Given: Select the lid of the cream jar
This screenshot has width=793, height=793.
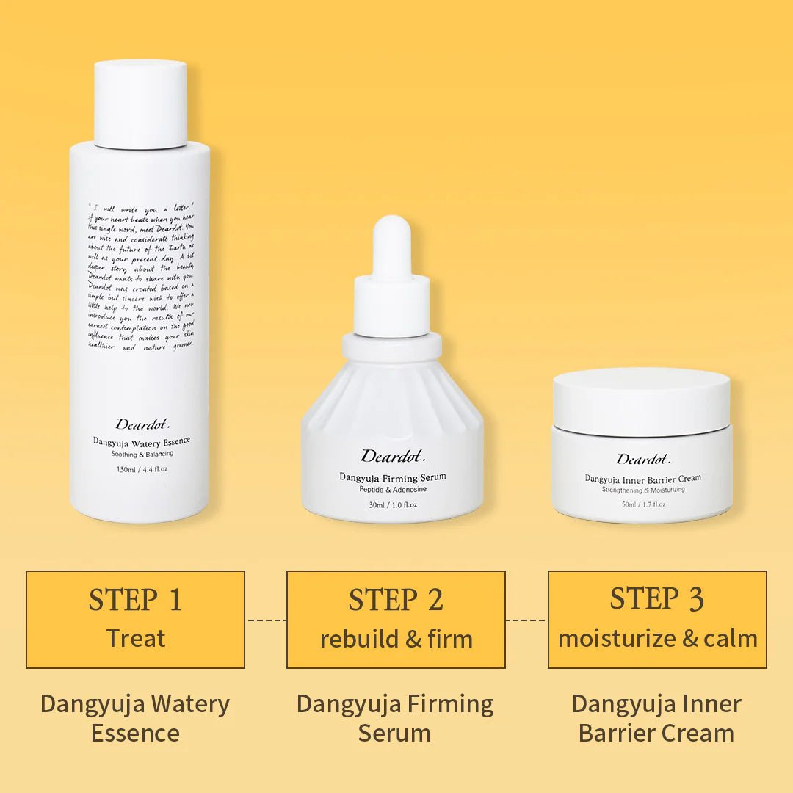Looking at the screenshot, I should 641,399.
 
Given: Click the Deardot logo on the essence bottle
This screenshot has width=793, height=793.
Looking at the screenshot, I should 142,424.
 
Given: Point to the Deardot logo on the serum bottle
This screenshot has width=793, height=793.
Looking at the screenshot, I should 392,457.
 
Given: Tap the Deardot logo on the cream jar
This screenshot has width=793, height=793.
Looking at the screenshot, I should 643,460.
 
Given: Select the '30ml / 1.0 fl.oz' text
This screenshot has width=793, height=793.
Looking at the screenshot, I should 392,504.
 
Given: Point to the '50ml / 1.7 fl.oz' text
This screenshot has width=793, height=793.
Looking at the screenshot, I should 643,504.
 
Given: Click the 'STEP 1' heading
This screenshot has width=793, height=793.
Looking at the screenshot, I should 135,600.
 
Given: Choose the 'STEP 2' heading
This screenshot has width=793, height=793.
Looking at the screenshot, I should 396,600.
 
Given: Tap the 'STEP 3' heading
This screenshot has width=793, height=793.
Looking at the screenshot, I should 657,599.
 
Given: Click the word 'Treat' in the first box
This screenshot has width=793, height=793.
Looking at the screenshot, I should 135,638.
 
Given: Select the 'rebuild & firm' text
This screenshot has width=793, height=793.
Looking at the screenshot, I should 396,639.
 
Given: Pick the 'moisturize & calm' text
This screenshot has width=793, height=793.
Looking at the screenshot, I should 657,639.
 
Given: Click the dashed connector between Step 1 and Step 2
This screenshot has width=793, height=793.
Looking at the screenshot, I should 266,620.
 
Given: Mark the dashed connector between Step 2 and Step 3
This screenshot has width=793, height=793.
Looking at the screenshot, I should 526,620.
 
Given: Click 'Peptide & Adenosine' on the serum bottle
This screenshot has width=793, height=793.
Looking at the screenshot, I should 392,489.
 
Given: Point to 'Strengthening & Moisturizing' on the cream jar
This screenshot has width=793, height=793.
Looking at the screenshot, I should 643,490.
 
